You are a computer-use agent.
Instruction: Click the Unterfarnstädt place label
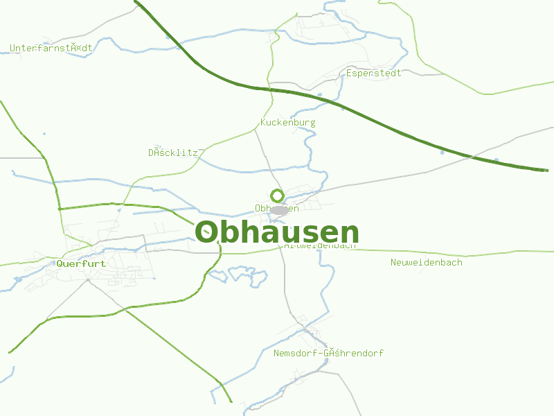[51, 48]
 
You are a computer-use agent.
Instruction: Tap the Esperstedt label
[374, 73]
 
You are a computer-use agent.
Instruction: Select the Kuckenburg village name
[287, 123]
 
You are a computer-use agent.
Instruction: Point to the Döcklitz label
[173, 153]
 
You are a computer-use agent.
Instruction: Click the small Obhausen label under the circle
[277, 208]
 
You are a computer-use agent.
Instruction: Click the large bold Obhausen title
[277, 233]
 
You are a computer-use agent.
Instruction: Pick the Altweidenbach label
[320, 245]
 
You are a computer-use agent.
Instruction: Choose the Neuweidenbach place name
[426, 262]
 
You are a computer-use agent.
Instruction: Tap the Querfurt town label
[81, 263]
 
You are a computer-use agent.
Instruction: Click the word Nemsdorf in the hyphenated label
[296, 353]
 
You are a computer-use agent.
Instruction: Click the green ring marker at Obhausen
[277, 196]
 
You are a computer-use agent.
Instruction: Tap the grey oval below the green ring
[279, 210]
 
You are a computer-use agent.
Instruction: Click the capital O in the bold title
[206, 233]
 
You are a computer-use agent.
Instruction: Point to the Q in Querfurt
[60, 263]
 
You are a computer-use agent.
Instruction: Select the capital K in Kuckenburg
[263, 123]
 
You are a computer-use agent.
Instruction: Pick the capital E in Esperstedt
[349, 73]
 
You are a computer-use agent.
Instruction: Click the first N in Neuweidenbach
[393, 262]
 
